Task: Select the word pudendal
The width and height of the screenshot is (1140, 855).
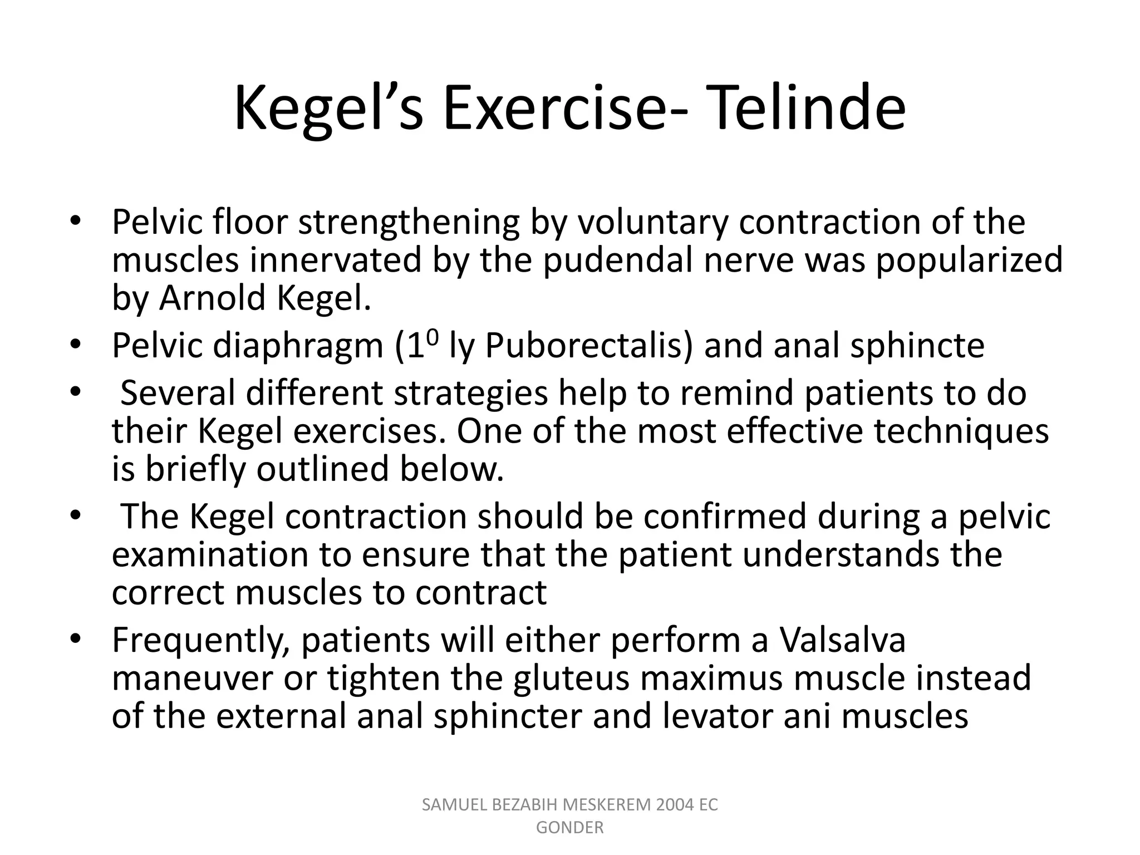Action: point(618,261)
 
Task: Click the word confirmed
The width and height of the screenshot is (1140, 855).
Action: point(724,517)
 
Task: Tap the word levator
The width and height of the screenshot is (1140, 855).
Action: point(718,716)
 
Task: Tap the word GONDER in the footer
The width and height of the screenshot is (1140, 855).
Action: point(569,828)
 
